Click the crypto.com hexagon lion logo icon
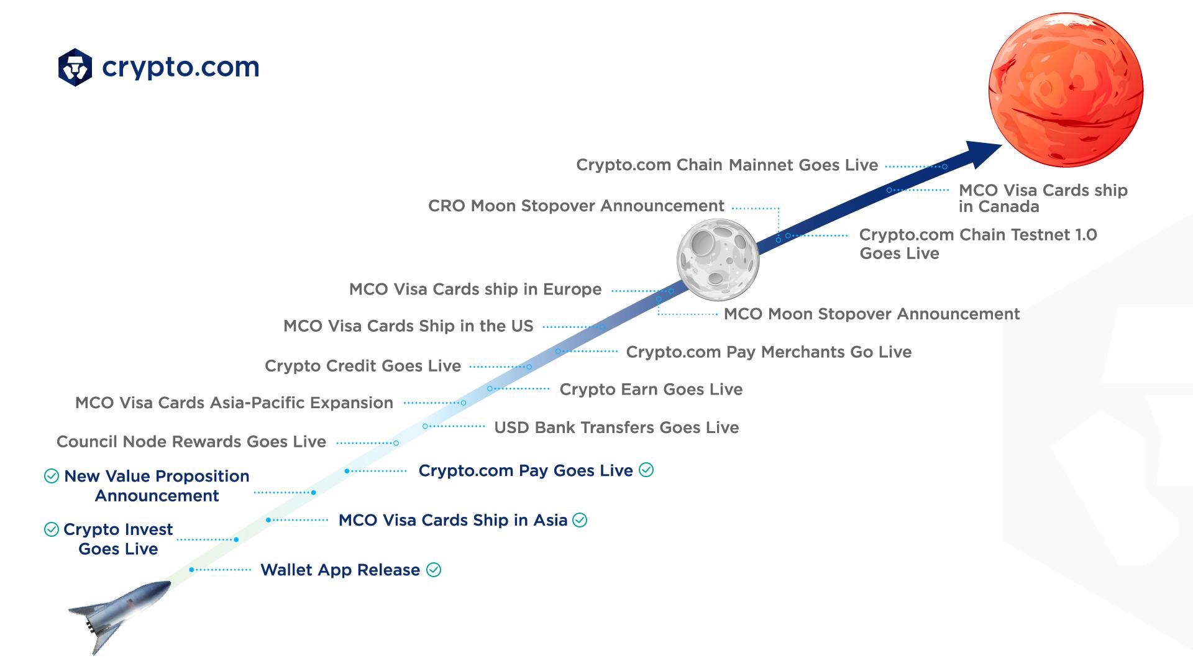pyautogui.click(x=75, y=67)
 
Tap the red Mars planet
pyautogui.click(x=1066, y=90)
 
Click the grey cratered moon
pyautogui.click(x=718, y=260)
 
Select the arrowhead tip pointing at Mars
pyautogui.click(x=1002, y=145)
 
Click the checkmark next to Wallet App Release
pyautogui.click(x=434, y=570)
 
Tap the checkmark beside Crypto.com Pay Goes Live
pyautogui.click(x=646, y=470)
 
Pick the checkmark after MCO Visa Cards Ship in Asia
pyautogui.click(x=580, y=520)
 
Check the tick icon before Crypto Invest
pyautogui.click(x=52, y=529)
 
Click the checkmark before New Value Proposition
pyautogui.click(x=52, y=476)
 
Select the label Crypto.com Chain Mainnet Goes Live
pyautogui.click(x=727, y=165)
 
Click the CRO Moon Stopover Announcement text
pyautogui.click(x=576, y=206)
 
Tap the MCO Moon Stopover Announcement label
pyautogui.click(x=872, y=314)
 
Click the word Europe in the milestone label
pyautogui.click(x=572, y=290)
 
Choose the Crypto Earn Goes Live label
pyautogui.click(x=651, y=390)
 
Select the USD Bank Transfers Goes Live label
pyautogui.click(x=616, y=428)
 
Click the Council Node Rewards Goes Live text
pyautogui.click(x=191, y=442)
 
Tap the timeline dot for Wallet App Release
pyautogui.click(x=191, y=570)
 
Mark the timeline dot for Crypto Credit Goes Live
pyautogui.click(x=529, y=367)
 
